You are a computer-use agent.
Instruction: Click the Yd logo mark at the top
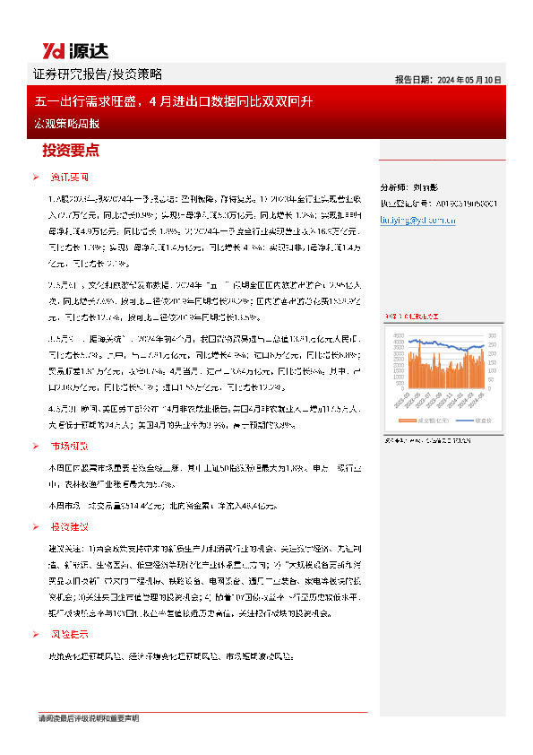(x=56, y=50)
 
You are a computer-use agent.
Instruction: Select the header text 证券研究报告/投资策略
(x=97, y=74)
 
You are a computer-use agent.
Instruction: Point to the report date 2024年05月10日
(x=469, y=79)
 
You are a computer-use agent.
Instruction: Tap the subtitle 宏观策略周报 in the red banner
(x=64, y=121)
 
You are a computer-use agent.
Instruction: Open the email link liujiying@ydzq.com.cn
(x=418, y=218)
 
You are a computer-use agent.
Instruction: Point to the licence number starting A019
(x=448, y=203)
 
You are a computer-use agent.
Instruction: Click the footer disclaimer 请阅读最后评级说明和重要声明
(x=88, y=719)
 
